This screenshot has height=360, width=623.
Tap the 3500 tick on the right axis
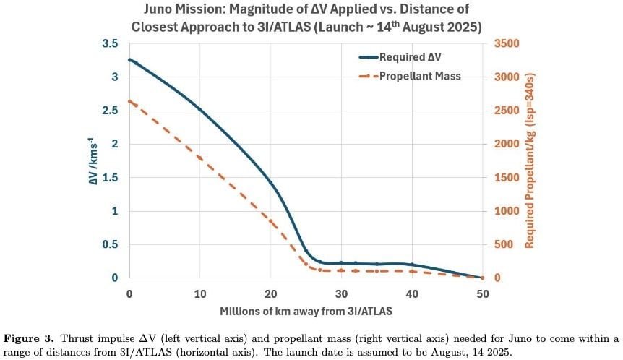coord(505,43)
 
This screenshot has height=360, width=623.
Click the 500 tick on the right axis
coord(502,244)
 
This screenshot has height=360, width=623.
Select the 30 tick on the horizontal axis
coord(340,293)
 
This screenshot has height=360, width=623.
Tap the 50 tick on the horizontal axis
coord(482,293)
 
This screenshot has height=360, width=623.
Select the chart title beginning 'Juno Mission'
coord(306,19)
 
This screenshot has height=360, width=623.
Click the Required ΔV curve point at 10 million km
coord(199,109)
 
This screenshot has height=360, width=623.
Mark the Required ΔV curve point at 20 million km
coord(270,182)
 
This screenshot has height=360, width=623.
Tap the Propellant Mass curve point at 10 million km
coord(199,158)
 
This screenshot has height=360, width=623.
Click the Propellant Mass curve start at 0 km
coord(129,101)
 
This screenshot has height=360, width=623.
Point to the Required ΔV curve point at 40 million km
coord(412,265)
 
